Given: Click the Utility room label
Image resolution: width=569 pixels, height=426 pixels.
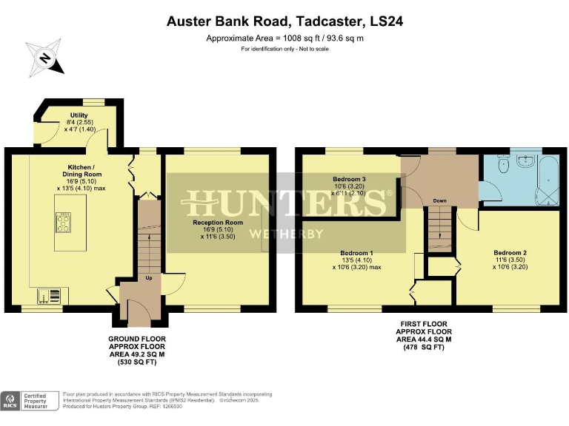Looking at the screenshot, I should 79,115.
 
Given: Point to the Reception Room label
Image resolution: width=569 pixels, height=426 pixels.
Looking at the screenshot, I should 218,222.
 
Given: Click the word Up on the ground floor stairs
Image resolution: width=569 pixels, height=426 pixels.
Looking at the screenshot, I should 148,278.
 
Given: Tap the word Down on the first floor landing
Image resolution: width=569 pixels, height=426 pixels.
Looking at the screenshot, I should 439,200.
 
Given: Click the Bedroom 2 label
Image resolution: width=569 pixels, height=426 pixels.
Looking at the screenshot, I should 510,253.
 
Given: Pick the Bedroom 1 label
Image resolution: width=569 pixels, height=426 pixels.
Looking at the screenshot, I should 356,253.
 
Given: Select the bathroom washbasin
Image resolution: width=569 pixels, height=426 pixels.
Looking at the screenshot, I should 527,160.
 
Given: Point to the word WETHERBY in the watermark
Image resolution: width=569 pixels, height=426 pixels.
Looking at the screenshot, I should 284,234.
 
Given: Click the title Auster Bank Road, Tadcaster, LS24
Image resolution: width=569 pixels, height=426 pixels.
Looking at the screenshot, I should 284,22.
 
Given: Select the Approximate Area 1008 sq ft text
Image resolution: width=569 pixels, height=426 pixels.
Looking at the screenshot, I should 284,38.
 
